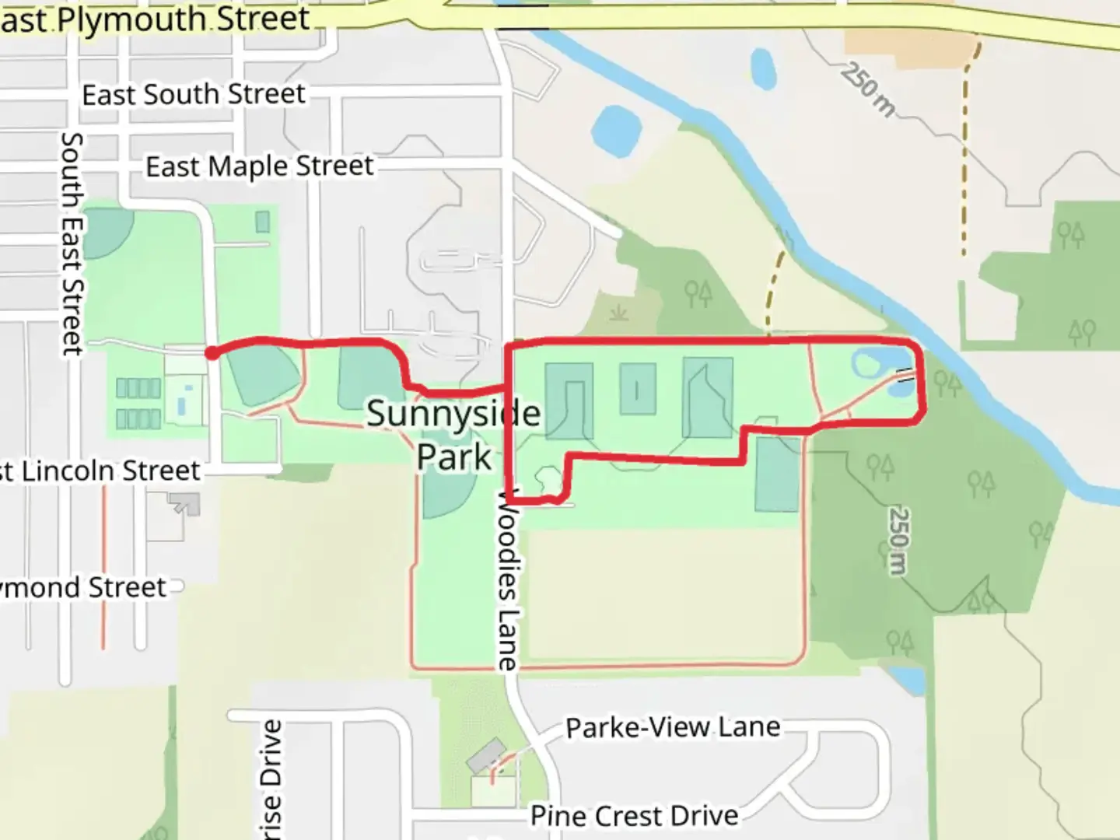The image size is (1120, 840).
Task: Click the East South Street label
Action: pyautogui.click(x=194, y=95)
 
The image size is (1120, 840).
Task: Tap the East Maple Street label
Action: pyautogui.click(x=260, y=166)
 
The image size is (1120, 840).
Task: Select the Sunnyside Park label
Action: pyautogui.click(x=453, y=435)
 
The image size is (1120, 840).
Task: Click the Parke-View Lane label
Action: pyautogui.click(x=673, y=728)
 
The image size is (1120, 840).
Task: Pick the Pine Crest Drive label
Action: pyautogui.click(x=635, y=816)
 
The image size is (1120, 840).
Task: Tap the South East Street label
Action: pyautogui.click(x=72, y=243)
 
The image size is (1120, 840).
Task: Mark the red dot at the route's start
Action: pyautogui.click(x=212, y=354)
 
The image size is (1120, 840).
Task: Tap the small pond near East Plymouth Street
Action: pyautogui.click(x=762, y=68)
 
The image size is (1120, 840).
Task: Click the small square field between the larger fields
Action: pyautogui.click(x=638, y=389)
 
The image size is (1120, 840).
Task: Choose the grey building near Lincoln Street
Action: pyautogui.click(x=185, y=505)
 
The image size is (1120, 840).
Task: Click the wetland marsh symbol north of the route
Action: pyautogui.click(x=619, y=313)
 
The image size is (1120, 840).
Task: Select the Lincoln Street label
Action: pyautogui.click(x=100, y=471)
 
